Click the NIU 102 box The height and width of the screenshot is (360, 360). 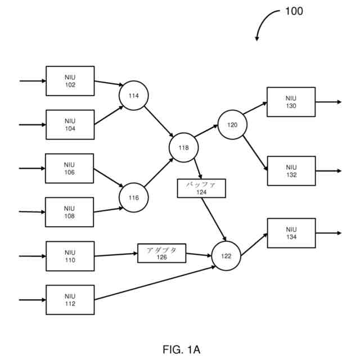[x=70, y=81]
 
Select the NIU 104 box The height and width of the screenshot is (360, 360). [x=70, y=124]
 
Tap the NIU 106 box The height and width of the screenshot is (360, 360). [x=70, y=168]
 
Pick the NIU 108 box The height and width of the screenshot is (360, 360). [x=70, y=212]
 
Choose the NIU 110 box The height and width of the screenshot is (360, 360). [x=70, y=256]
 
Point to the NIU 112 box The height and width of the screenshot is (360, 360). [x=70, y=300]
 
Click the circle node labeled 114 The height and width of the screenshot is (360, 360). [x=133, y=96]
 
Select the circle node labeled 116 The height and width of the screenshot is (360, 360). [x=133, y=197]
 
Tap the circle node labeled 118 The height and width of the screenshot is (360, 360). [x=184, y=147]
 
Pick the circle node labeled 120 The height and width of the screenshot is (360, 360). [x=232, y=125]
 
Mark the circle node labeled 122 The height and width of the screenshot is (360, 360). [x=226, y=256]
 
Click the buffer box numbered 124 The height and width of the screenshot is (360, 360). [x=201, y=188]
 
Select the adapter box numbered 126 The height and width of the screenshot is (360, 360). [x=161, y=253]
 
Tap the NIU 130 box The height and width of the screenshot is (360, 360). [x=291, y=102]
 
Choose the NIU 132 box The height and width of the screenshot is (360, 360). [x=291, y=171]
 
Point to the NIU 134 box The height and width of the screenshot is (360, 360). [x=291, y=233]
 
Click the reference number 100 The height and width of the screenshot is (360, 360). [x=294, y=11]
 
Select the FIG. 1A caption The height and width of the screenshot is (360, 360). [x=181, y=349]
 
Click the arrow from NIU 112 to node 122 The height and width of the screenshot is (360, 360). [x=155, y=283]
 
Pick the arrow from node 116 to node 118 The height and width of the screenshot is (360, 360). [x=159, y=173]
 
